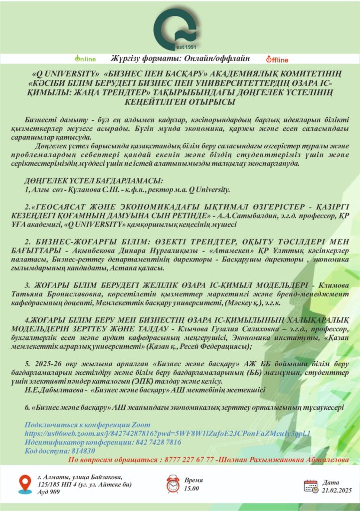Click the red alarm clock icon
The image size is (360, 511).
coord(173,484)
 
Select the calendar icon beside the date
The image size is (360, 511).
coord(311,486)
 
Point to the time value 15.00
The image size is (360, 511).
coord(191,489)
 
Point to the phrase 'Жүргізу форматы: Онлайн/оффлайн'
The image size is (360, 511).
coord(180,58)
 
